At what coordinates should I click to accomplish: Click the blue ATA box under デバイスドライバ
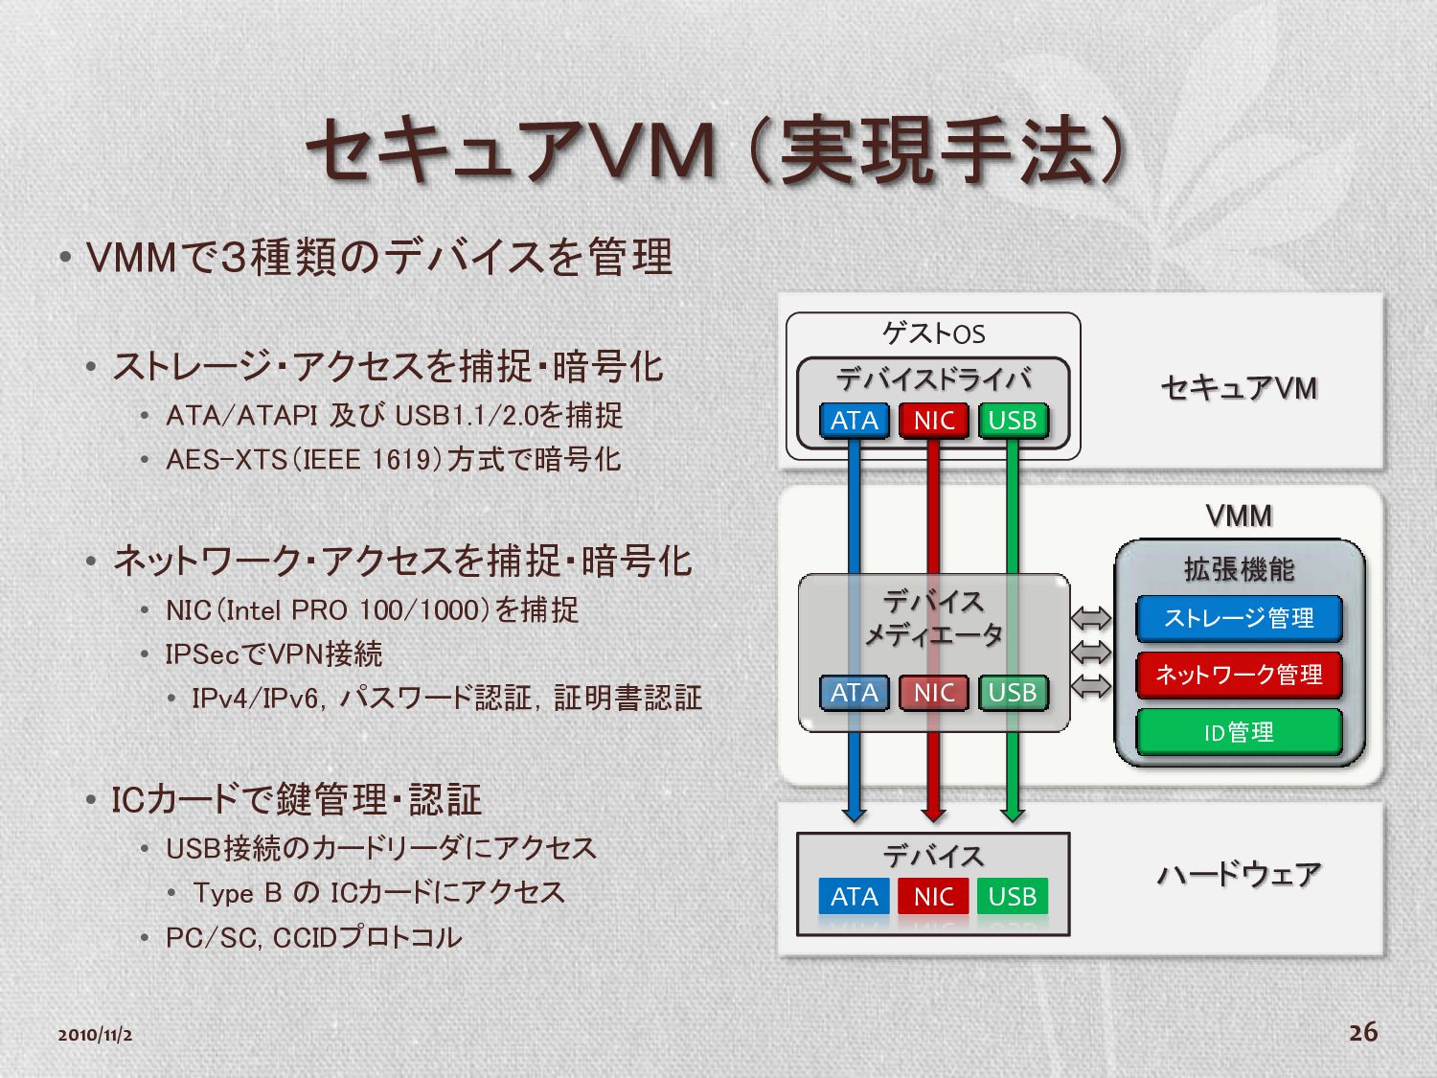pyautogui.click(x=855, y=421)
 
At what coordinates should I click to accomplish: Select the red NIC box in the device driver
pyautogui.click(x=933, y=421)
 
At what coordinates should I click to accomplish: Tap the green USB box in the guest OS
pyautogui.click(x=1013, y=421)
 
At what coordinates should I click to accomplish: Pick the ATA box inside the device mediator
pyautogui.click(x=855, y=693)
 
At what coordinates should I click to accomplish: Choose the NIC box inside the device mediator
pyautogui.click(x=933, y=693)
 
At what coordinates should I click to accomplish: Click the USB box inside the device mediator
pyautogui.click(x=1013, y=693)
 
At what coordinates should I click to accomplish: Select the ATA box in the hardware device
pyautogui.click(x=855, y=897)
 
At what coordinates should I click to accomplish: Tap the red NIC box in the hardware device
pyautogui.click(x=933, y=897)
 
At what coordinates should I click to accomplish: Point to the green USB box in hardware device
pyautogui.click(x=1013, y=897)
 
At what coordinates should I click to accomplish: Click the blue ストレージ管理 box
pyautogui.click(x=1239, y=619)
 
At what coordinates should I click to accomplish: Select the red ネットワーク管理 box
pyautogui.click(x=1239, y=676)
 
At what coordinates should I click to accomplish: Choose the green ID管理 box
pyautogui.click(x=1239, y=733)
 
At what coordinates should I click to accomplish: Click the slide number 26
pyautogui.click(x=1363, y=1032)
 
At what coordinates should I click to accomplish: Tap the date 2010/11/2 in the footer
pyautogui.click(x=95, y=1035)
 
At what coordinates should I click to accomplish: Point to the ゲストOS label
pyautogui.click(x=933, y=333)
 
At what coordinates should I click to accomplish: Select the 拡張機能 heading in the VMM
pyautogui.click(x=1239, y=570)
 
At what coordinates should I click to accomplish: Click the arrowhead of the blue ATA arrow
pyautogui.click(x=855, y=814)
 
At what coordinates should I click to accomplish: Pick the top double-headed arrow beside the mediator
pyautogui.click(x=1091, y=619)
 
